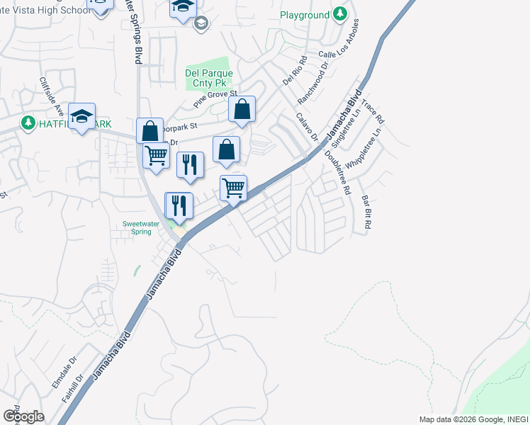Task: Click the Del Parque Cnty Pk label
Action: (x=209, y=78)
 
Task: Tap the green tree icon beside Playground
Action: (x=340, y=14)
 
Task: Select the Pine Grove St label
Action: (x=215, y=103)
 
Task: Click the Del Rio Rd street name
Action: (x=293, y=69)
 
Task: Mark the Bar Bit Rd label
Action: (x=367, y=211)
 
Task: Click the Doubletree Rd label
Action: (x=338, y=173)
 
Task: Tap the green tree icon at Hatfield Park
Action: (x=28, y=123)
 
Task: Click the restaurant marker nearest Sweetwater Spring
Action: (x=179, y=205)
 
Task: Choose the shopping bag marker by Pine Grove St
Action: (x=242, y=109)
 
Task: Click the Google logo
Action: (x=23, y=416)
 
